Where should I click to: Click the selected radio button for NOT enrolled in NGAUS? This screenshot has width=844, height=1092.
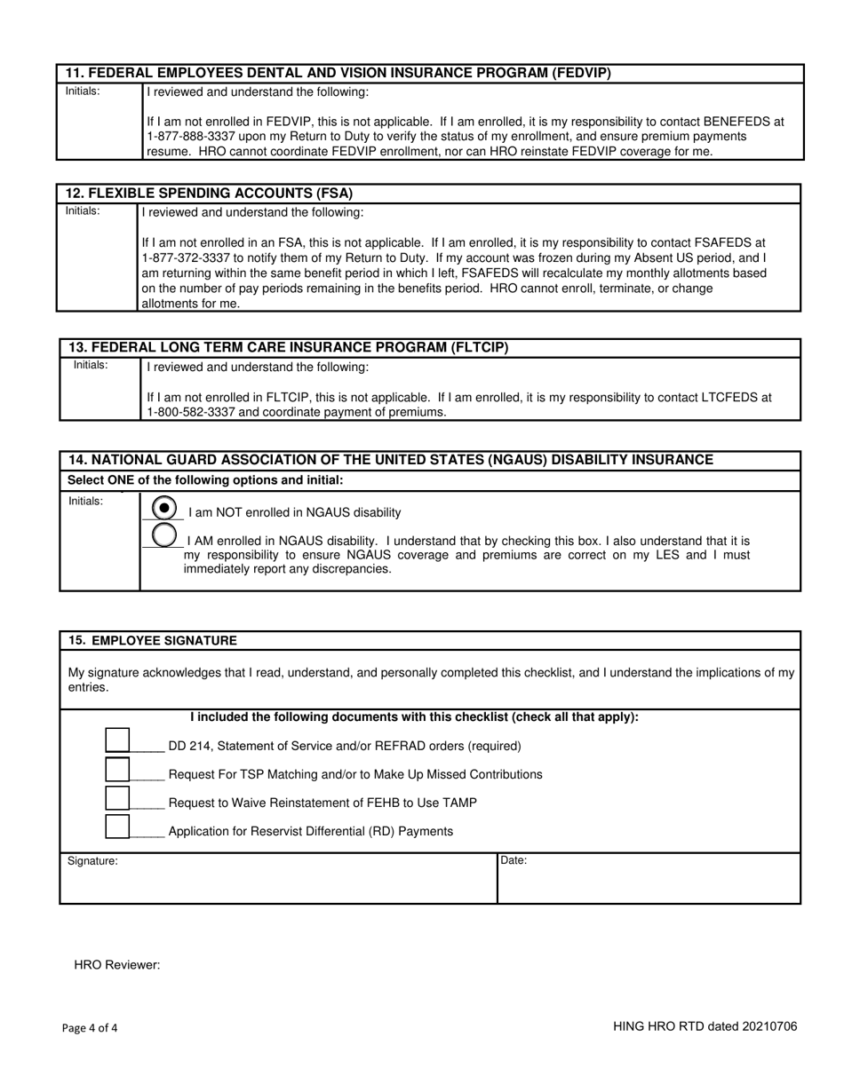(163, 507)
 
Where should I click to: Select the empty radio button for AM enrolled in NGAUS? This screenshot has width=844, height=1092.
(163, 535)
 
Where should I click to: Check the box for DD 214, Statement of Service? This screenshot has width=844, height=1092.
(117, 740)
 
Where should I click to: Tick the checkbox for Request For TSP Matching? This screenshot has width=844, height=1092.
(117, 769)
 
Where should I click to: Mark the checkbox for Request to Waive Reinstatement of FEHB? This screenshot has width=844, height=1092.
(117, 797)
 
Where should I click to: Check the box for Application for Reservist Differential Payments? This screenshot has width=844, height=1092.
(117, 826)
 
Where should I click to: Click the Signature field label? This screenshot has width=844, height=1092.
(92, 861)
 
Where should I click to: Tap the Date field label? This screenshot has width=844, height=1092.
(514, 860)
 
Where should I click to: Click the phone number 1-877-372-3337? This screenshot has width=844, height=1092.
(186, 257)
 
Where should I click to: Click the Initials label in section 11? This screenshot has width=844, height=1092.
(83, 91)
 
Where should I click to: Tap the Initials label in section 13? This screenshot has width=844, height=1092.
(90, 365)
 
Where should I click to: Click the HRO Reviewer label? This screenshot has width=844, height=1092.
(116, 965)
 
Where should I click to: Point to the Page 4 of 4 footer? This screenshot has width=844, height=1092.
(90, 1028)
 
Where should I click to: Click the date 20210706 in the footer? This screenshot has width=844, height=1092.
(768, 1026)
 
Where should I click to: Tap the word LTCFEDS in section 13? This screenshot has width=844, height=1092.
(734, 398)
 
